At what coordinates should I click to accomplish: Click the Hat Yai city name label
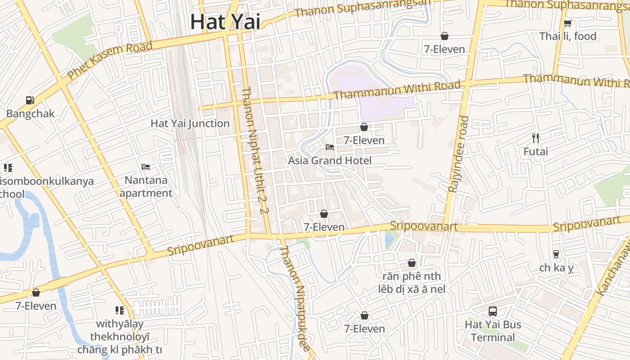(225, 22)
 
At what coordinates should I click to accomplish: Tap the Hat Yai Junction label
(190, 123)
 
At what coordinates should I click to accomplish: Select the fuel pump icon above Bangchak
(30, 100)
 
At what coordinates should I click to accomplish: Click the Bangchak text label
(30, 114)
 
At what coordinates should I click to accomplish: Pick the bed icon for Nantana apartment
(146, 167)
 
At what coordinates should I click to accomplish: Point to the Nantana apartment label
(146, 187)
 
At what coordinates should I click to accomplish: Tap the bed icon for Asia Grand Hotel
(330, 147)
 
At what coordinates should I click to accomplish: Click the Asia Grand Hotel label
(330, 161)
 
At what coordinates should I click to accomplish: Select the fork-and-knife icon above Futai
(535, 138)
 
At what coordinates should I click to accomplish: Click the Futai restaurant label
(535, 152)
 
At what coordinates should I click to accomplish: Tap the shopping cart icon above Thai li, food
(568, 23)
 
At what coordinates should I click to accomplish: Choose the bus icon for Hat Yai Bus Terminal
(493, 311)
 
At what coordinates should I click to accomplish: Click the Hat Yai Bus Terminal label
(493, 331)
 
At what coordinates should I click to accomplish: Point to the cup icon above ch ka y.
(556, 254)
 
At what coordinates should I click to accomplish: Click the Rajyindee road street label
(459, 154)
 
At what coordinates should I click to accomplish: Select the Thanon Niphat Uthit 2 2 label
(255, 151)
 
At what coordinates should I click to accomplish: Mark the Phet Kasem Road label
(110, 60)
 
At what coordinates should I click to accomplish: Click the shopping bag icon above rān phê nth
(412, 263)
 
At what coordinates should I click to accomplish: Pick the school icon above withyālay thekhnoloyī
(120, 310)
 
